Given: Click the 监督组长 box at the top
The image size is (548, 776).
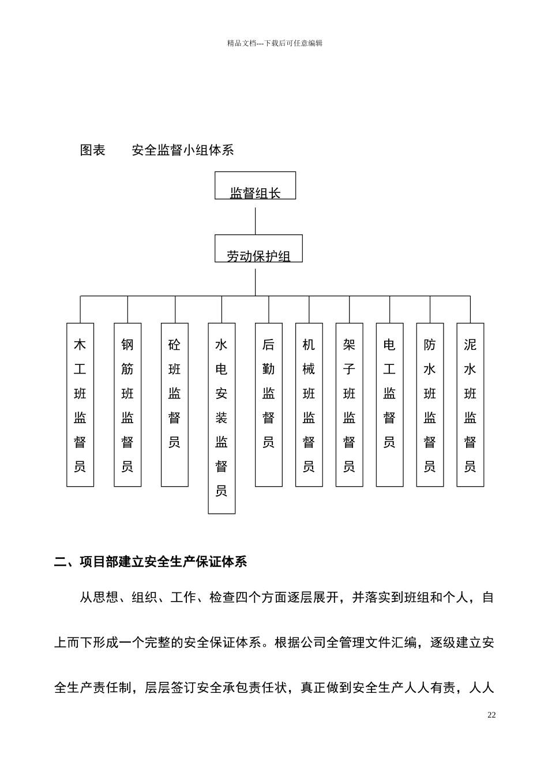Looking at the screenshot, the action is [255, 186].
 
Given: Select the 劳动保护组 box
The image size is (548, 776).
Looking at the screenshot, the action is [258, 249].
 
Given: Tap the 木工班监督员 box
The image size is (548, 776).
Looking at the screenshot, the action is [80, 405].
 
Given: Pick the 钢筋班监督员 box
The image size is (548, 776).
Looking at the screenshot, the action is [127, 405].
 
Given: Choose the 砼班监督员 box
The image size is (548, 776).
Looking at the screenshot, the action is [175, 405].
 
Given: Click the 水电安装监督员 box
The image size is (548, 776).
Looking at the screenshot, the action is [222, 418].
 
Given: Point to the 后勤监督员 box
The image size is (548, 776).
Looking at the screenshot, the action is [269, 405].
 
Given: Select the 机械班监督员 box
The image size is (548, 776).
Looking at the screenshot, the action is [309, 405].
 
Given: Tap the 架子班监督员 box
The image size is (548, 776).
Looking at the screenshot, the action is [350, 405].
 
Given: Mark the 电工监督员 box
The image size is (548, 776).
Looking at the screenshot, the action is [389, 405].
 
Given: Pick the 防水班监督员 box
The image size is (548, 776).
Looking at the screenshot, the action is [430, 405].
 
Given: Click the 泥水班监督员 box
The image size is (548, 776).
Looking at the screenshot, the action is [470, 405].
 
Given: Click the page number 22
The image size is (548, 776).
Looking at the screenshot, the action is [491, 715].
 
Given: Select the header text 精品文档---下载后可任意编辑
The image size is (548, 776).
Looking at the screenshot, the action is [275, 43].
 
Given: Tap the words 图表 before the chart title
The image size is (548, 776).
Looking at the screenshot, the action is [92, 151].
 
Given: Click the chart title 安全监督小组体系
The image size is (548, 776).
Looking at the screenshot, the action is [183, 151].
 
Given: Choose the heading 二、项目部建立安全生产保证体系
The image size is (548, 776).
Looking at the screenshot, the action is [151, 562].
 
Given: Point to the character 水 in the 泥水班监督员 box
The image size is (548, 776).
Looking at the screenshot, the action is [470, 370].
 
